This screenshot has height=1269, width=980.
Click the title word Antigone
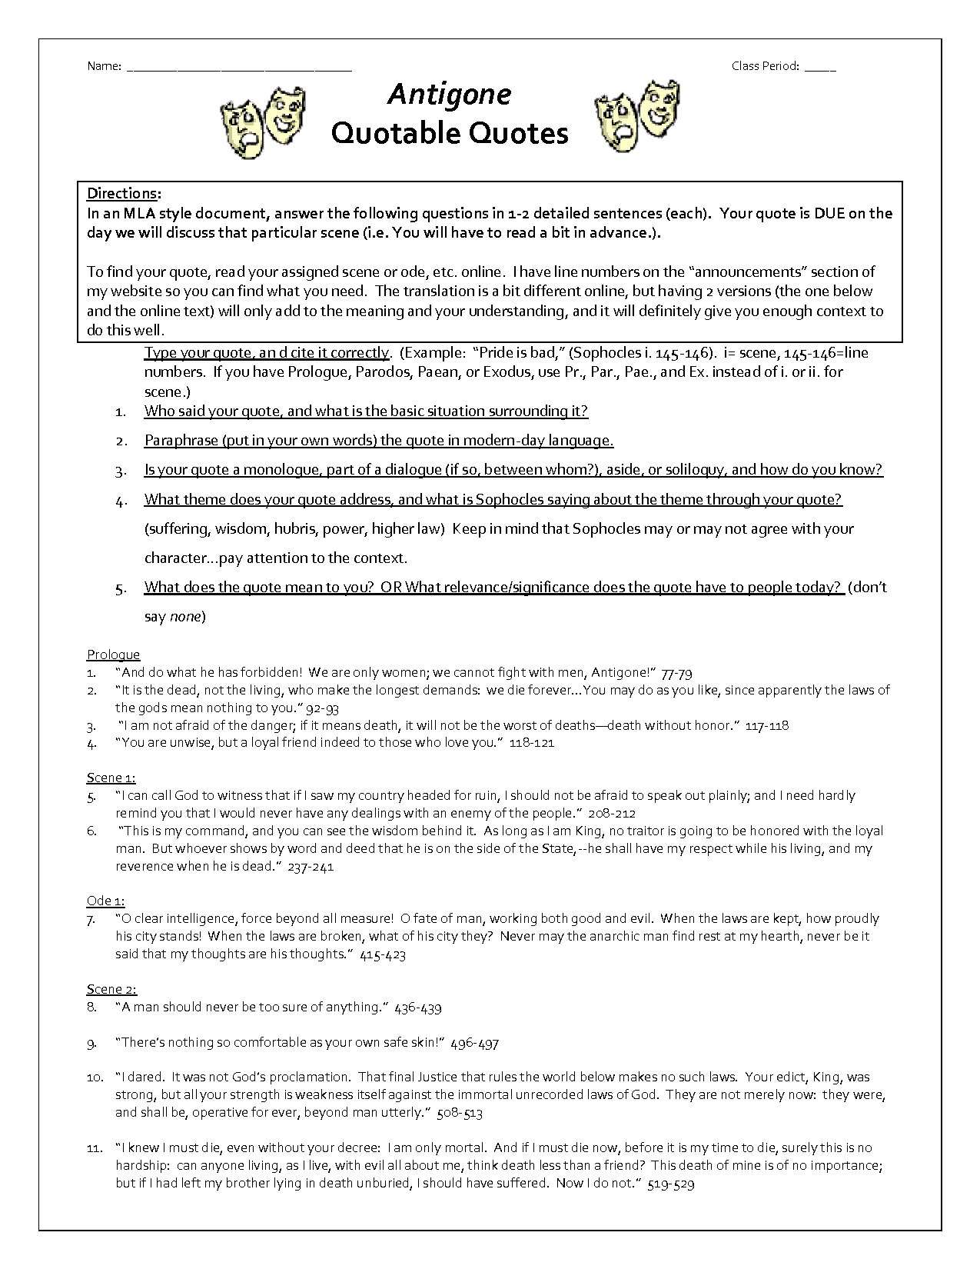[450, 95]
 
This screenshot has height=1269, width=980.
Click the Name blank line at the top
[238, 68]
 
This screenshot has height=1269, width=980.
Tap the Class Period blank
[821, 68]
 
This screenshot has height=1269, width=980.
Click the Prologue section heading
[113, 654]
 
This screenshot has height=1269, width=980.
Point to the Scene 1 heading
[111, 778]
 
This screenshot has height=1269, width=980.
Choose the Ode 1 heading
[105, 901]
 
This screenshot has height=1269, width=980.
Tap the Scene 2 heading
[111, 989]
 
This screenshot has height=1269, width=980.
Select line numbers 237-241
[311, 867]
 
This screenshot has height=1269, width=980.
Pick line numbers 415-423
[382, 954]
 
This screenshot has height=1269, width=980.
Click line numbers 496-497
[475, 1043]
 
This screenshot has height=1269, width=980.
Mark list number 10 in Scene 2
[95, 1077]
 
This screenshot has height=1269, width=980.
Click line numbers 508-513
[460, 1113]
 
